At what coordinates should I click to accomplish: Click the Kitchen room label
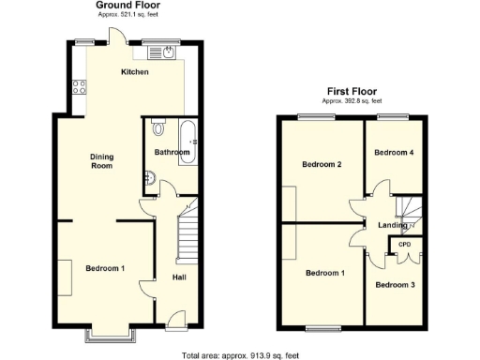[135, 72]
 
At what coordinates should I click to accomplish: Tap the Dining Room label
[101, 161]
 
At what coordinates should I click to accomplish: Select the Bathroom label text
[172, 152]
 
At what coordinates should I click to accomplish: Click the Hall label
[179, 277]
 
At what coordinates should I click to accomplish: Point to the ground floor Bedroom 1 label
[106, 269]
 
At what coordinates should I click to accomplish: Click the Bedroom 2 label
[321, 165]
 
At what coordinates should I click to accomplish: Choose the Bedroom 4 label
[394, 152]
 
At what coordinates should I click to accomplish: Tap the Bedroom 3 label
[396, 284]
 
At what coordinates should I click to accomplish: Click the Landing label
[393, 225]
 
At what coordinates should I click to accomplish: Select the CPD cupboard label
[405, 245]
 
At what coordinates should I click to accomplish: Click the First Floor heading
[352, 93]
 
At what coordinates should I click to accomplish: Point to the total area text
[241, 354]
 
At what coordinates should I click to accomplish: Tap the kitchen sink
[165, 52]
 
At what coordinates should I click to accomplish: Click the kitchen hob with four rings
[79, 87]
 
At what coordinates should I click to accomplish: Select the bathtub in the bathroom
[186, 141]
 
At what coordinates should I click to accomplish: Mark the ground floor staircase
[187, 232]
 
